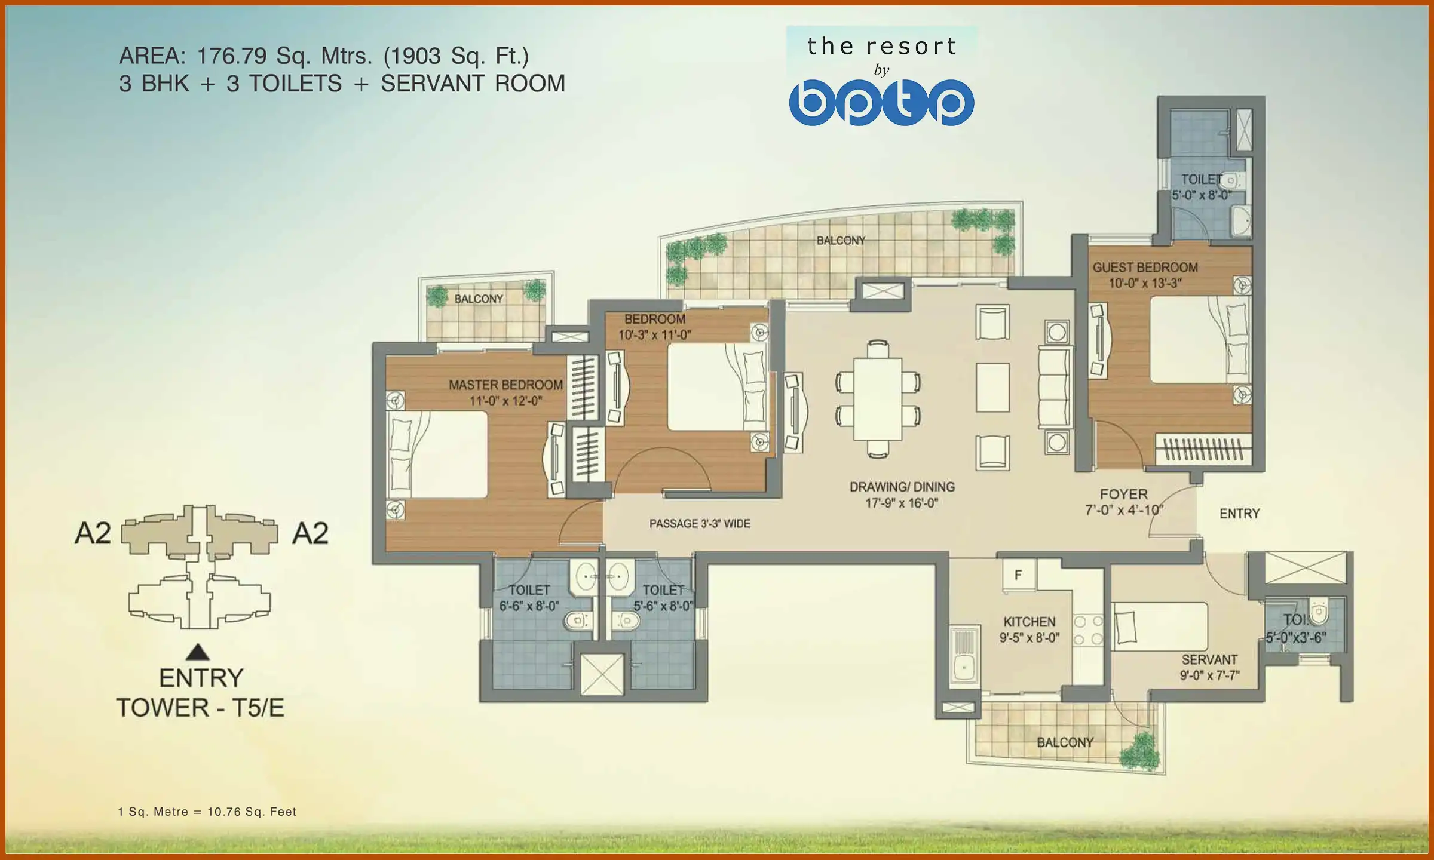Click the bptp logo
(881, 103)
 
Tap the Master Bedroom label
(505, 385)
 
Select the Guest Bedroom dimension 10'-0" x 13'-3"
(1145, 284)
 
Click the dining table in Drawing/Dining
(878, 398)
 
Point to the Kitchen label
(1029, 622)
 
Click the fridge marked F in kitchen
(1019, 575)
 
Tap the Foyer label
(1123, 494)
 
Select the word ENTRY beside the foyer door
(1239, 514)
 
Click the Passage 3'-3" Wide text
(700, 524)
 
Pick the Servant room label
(1209, 660)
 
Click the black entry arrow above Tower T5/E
(198, 652)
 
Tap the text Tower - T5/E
(200, 708)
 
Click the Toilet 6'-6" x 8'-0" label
(529, 598)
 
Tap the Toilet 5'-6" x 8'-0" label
(663, 598)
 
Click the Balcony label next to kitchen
(1065, 742)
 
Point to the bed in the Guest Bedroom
(1198, 340)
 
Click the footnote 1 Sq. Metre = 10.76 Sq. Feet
(207, 812)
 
